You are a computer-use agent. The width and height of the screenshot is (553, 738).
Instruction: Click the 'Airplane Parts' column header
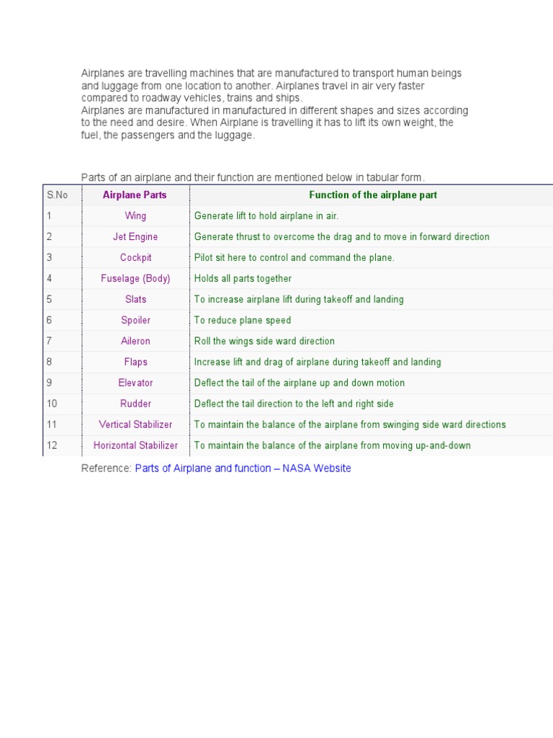[x=135, y=195]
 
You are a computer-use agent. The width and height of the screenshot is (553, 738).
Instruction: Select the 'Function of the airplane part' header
[x=372, y=195]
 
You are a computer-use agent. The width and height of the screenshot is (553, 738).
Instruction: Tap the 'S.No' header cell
[x=57, y=195]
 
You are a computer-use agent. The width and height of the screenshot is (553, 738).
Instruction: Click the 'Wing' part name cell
[x=135, y=216]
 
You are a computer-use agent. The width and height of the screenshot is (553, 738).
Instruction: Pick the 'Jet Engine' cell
[x=135, y=237]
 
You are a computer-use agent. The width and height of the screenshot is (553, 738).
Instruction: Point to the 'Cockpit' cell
[x=135, y=258]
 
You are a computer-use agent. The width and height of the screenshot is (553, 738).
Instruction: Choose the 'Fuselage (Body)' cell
[x=135, y=279]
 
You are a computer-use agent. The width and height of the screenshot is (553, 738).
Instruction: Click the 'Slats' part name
[x=135, y=300]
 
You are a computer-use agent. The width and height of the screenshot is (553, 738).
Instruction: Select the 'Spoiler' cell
[x=135, y=321]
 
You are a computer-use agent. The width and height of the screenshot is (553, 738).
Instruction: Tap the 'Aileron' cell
[x=135, y=342]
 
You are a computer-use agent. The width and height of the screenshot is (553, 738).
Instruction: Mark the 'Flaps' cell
[x=135, y=363]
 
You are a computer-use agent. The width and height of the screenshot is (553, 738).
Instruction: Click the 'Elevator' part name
[x=135, y=383]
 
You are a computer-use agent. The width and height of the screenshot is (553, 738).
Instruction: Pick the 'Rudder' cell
[x=135, y=404]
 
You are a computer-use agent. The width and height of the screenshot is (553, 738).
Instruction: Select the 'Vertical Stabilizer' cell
[x=135, y=425]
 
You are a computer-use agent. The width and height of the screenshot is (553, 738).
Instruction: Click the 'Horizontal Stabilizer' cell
[x=135, y=446]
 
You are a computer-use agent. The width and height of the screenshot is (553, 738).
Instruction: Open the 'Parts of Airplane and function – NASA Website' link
[x=243, y=468]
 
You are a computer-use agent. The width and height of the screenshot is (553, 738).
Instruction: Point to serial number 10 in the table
[x=52, y=404]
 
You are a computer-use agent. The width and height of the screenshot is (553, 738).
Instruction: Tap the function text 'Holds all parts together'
[x=243, y=279]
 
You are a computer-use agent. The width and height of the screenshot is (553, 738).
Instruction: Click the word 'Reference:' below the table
[x=107, y=468]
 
